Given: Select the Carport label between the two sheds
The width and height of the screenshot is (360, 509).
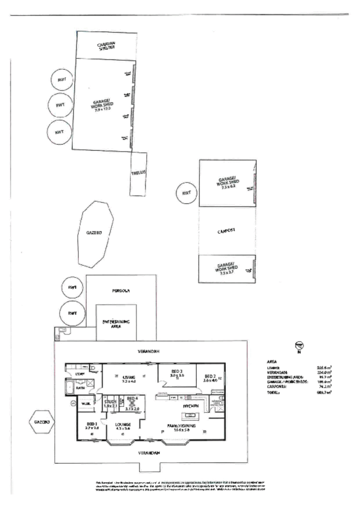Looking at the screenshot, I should (227, 230).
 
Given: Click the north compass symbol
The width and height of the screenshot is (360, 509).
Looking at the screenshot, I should (299, 346).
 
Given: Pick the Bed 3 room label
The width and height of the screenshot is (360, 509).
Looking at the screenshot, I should (177, 371).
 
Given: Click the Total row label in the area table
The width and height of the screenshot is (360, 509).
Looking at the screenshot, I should (273, 392).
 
